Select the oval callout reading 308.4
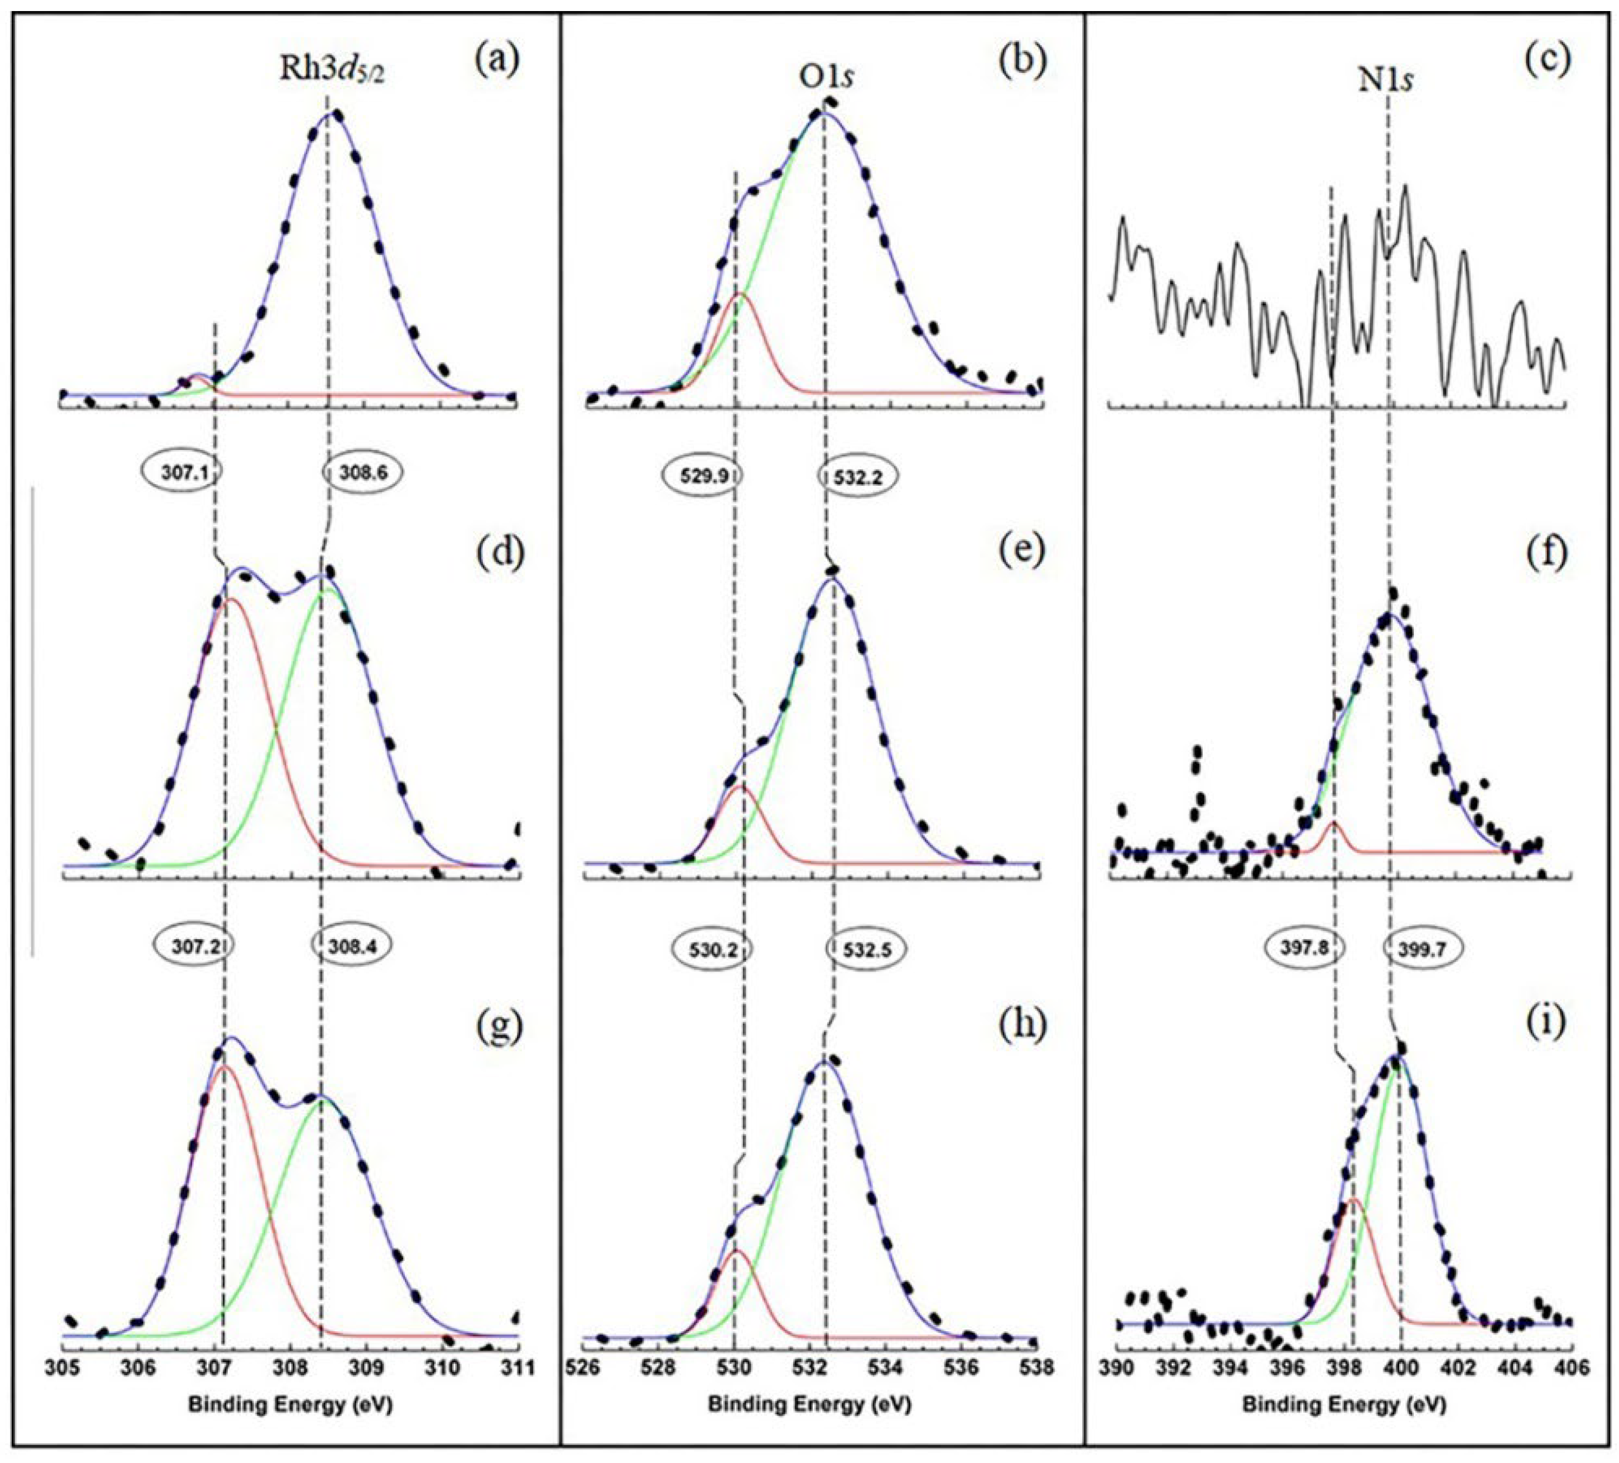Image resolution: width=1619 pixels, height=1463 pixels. (351, 946)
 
